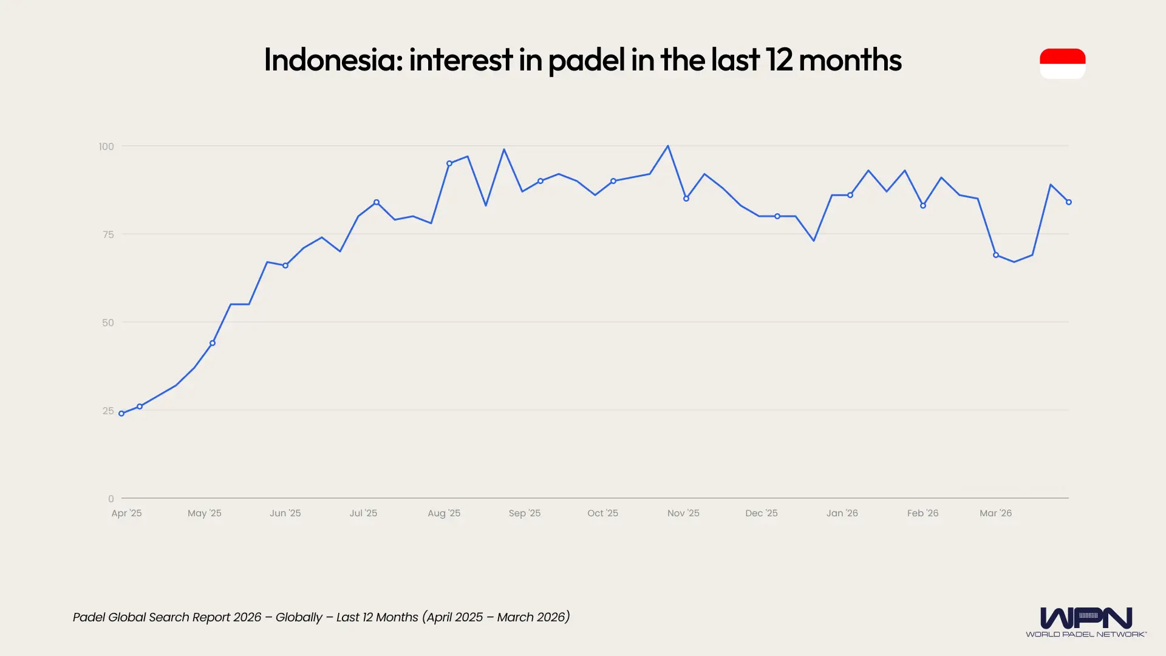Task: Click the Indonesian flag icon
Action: [x=1062, y=63]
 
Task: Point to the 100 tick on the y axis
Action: [x=106, y=146]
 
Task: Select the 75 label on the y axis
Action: [x=108, y=234]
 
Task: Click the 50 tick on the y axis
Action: [x=108, y=323]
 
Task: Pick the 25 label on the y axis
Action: [x=108, y=411]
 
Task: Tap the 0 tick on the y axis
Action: [x=111, y=499]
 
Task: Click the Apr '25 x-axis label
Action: [x=126, y=513]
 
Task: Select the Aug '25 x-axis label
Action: [x=444, y=513]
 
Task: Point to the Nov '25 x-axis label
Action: [x=683, y=513]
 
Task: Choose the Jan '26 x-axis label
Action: [x=842, y=513]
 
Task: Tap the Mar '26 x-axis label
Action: [x=995, y=513]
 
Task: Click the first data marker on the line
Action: [x=121, y=414]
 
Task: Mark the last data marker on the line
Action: [x=1069, y=202]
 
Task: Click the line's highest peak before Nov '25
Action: [x=668, y=146]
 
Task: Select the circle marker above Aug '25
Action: [x=449, y=163]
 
